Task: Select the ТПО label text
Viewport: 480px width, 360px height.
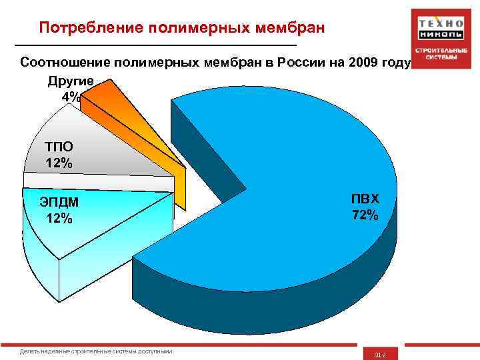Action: (x=59, y=147)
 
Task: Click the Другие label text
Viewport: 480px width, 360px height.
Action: (x=70, y=81)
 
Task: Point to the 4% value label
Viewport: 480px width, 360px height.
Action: (x=71, y=97)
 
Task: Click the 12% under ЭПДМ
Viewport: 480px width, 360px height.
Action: (x=59, y=218)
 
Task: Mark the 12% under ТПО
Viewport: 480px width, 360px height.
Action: (x=59, y=163)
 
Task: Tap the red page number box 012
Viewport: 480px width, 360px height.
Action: (x=379, y=353)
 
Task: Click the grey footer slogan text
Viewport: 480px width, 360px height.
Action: (x=96, y=351)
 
